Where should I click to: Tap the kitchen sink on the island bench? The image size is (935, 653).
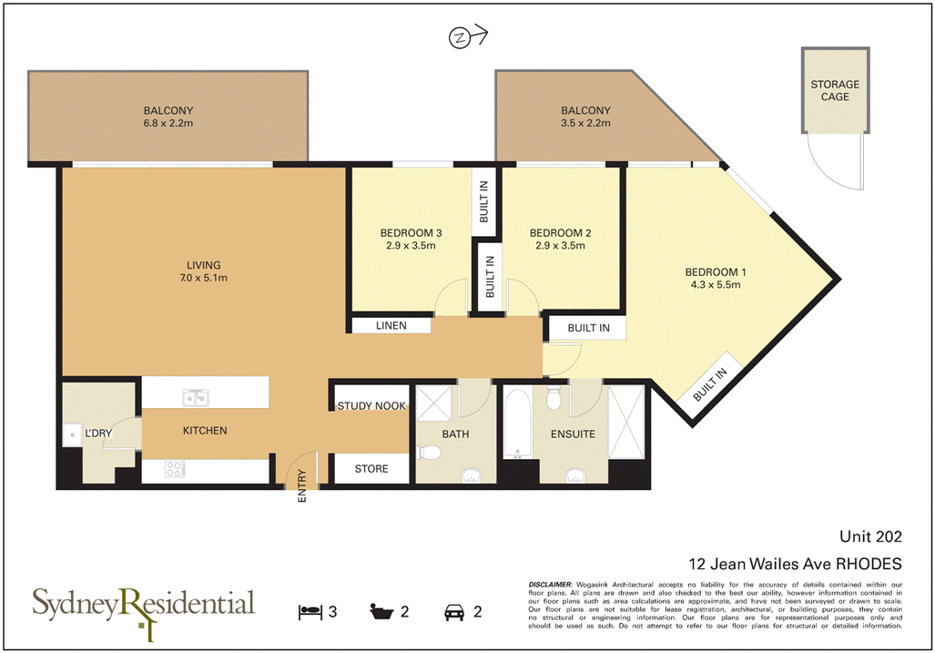click(195, 396)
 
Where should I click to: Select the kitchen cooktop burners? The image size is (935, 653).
click(174, 470)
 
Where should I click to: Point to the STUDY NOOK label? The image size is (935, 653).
click(371, 405)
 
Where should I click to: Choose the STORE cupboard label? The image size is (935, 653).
click(371, 469)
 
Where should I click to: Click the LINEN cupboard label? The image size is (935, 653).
click(390, 325)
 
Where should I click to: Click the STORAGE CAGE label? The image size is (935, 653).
click(835, 90)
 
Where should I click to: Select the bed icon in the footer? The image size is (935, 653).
click(310, 611)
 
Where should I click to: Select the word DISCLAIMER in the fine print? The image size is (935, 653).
click(550, 583)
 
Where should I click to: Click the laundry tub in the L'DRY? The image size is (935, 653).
click(71, 434)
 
